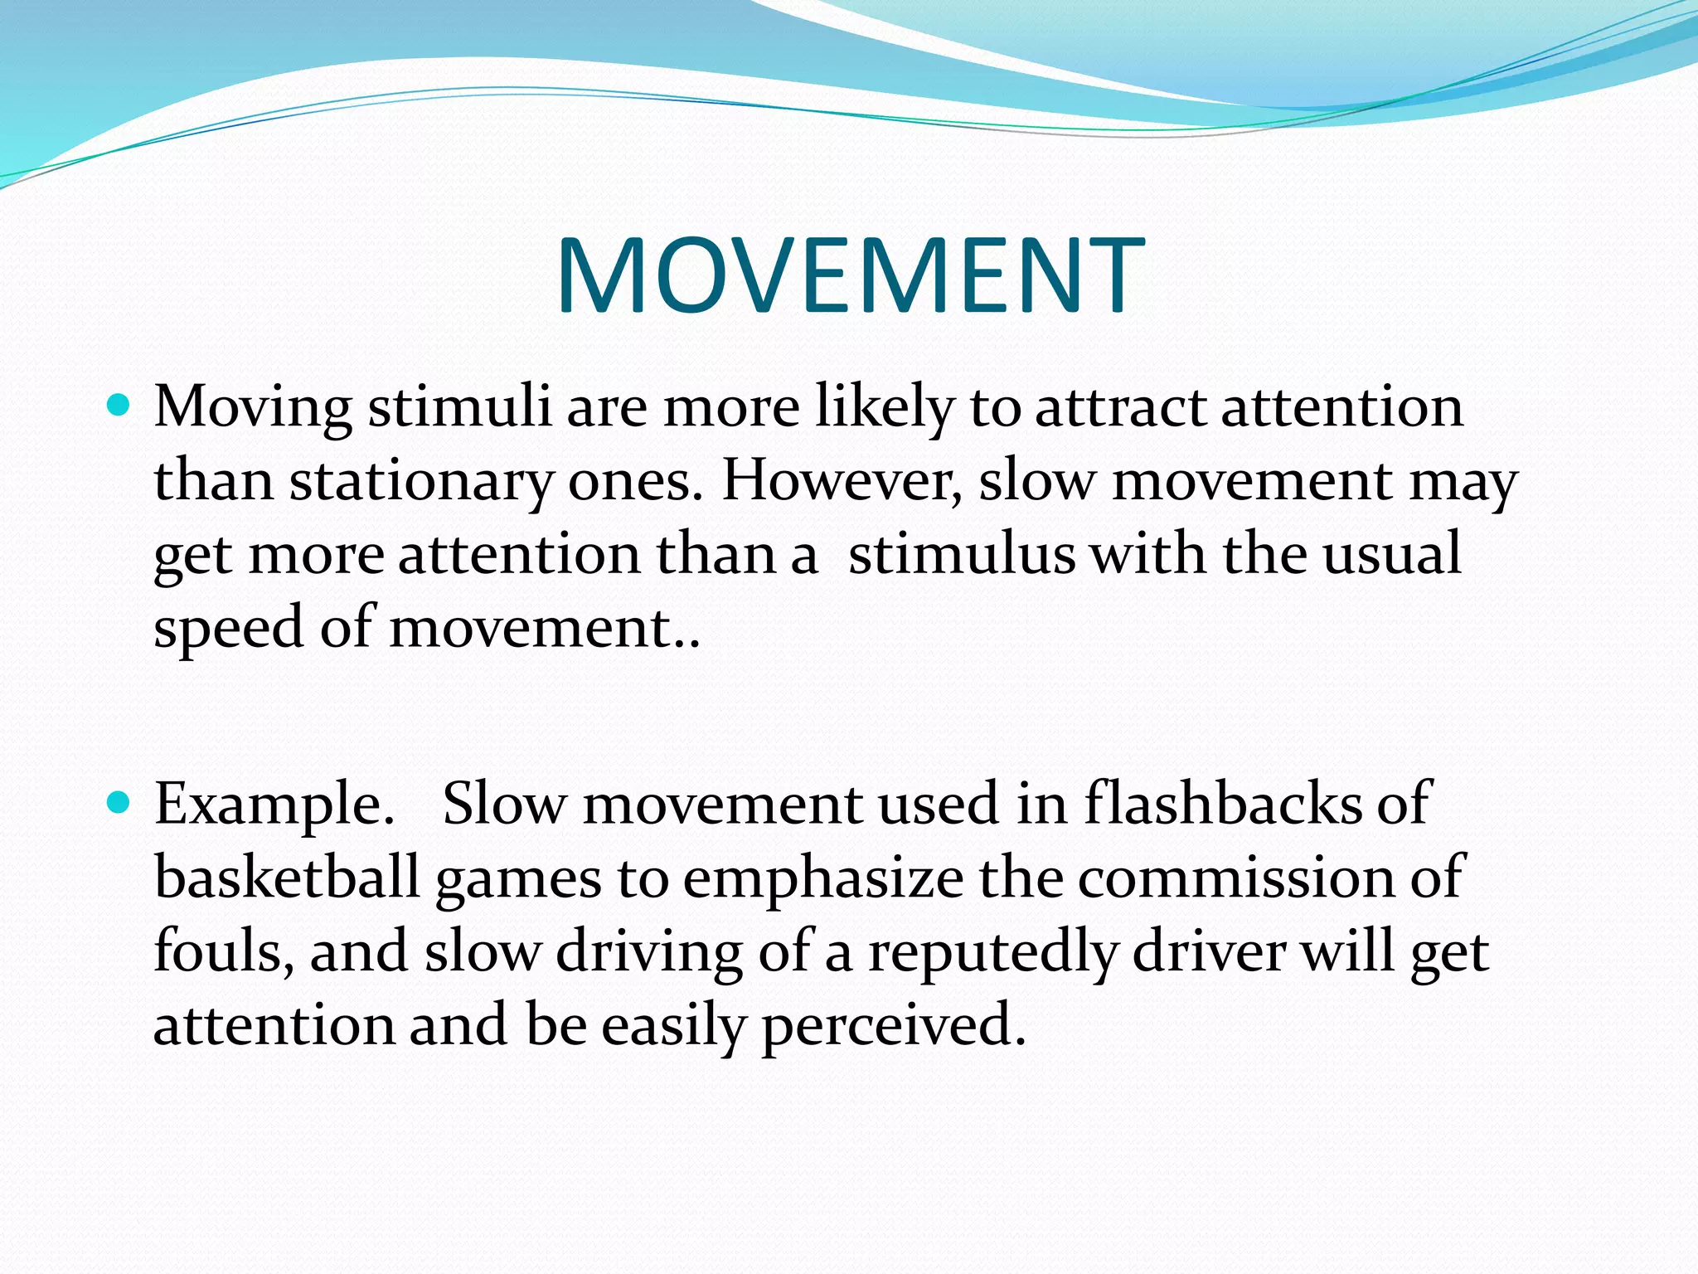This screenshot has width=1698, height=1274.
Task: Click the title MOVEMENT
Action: click(851, 275)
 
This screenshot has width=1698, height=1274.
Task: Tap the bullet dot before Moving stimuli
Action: click(119, 406)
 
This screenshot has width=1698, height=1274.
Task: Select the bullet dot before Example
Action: click(119, 803)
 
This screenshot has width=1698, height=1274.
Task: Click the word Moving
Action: click(253, 408)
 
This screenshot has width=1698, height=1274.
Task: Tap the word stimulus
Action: click(962, 553)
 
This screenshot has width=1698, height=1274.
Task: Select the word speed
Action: click(229, 629)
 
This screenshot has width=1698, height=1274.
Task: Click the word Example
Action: click(274, 805)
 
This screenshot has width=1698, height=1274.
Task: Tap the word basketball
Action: click(287, 877)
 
